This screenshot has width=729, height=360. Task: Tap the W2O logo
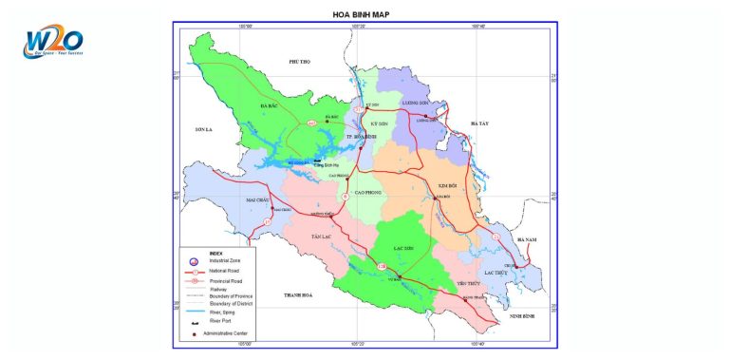pyautogui.click(x=53, y=42)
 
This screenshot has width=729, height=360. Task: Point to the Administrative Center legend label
pyautogui.click(x=234, y=333)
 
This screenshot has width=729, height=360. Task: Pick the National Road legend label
pyautogui.click(x=222, y=271)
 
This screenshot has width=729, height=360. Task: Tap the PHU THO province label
pyautogui.click(x=299, y=61)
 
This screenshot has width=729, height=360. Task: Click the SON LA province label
pyautogui.click(x=206, y=127)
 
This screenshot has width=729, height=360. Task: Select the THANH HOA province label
pyautogui.click(x=299, y=296)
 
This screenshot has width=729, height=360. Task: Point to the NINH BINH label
pyautogui.click(x=522, y=314)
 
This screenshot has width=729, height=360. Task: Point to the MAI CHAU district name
pyautogui.click(x=258, y=200)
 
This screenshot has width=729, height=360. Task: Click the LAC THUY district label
pyautogui.click(x=497, y=273)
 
